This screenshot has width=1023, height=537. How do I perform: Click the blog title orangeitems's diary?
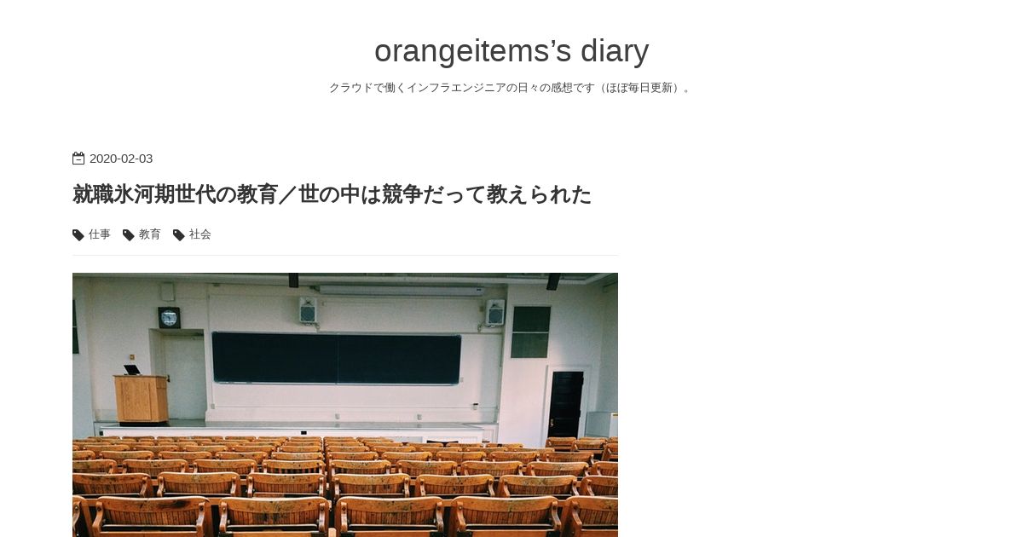511,50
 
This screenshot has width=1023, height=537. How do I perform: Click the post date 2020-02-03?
121,159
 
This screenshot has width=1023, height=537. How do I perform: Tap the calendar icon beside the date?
78,159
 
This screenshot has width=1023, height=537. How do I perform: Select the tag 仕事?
100,234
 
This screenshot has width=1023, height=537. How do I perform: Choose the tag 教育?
150,234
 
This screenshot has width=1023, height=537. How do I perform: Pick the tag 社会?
200,234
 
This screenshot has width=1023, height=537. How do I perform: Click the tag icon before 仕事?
78,235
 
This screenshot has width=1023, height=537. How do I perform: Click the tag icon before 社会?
178,235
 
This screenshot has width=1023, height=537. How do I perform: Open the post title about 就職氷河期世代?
332,194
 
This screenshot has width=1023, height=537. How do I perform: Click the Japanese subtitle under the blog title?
511,88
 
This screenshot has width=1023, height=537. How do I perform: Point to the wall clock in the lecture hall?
169,318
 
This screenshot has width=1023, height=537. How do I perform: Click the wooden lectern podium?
142,399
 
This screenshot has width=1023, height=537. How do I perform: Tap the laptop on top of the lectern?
132,370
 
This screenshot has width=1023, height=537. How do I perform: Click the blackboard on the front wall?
337,359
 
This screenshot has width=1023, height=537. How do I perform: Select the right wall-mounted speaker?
495,312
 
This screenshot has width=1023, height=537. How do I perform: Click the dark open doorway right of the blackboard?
566,404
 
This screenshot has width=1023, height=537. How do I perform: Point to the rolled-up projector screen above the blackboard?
401,291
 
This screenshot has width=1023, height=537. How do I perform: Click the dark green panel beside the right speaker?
530,332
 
